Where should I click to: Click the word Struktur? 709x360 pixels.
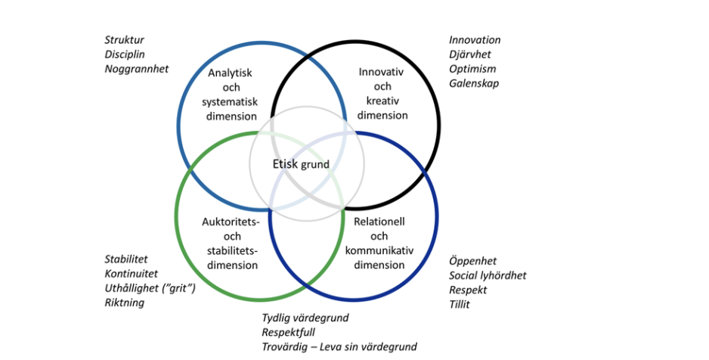click(x=124, y=40)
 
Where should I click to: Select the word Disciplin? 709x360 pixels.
click(x=125, y=54)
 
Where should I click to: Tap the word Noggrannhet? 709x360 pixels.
click(x=137, y=69)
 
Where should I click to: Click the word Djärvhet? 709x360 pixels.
click(x=470, y=54)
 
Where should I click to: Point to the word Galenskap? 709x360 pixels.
click(x=474, y=83)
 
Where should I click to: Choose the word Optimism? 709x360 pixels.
click(x=472, y=69)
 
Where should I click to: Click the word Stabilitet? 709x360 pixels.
click(x=126, y=259)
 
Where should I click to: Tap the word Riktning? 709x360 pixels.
click(x=124, y=303)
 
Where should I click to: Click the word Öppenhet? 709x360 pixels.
click(x=473, y=262)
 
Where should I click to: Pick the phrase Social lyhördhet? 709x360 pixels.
click(x=488, y=276)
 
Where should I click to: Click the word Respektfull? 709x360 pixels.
click(x=289, y=332)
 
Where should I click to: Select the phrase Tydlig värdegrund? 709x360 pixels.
click(x=305, y=318)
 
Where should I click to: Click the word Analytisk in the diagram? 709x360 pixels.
click(x=230, y=73)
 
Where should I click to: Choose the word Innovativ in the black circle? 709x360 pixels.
click(x=382, y=73)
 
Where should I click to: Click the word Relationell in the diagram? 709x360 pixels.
click(x=380, y=222)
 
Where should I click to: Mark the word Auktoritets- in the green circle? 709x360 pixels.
click(x=231, y=222)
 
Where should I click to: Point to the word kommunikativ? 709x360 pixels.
click(x=382, y=250)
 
